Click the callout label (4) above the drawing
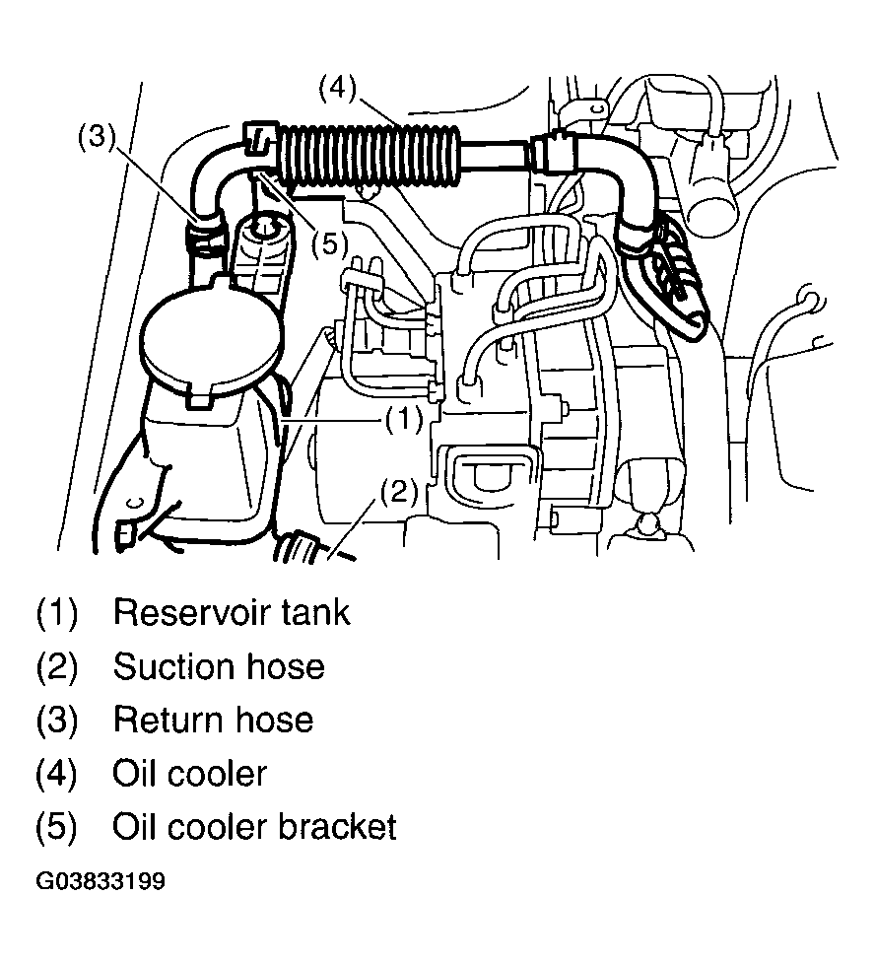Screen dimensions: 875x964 tap(337, 89)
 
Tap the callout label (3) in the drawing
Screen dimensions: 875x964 tap(97, 136)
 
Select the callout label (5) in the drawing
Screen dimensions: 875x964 tap(329, 244)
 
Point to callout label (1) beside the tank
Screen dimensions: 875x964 tap(404, 420)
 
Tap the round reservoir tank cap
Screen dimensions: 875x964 tap(210, 340)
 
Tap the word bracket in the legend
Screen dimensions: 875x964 tap(337, 827)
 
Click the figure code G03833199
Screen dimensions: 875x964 tap(101, 881)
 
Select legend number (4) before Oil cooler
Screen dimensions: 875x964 tap(56, 774)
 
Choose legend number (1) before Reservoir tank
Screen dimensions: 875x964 tap(56, 612)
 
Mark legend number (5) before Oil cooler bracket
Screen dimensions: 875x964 tap(56, 827)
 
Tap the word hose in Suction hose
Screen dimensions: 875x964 tap(286, 666)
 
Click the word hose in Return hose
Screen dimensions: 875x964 tap(275, 720)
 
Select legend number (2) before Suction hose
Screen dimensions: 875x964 tap(56, 666)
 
